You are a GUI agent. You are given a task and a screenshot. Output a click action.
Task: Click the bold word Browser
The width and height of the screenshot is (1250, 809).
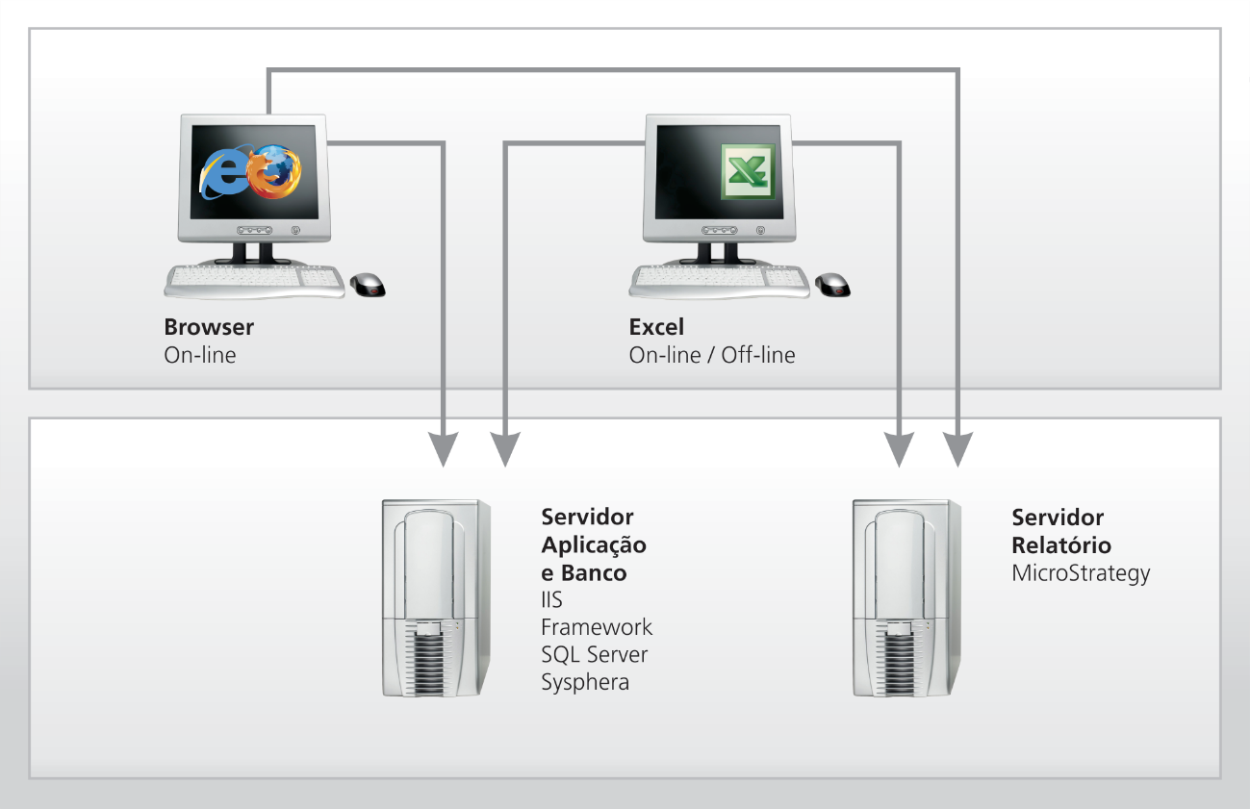tap(209, 327)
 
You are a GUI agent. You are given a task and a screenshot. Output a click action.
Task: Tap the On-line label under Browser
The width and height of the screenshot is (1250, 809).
tap(199, 355)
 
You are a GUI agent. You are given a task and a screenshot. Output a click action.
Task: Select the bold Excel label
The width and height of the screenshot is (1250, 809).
tap(656, 327)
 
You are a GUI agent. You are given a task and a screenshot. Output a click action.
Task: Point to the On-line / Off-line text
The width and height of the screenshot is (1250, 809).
tap(712, 355)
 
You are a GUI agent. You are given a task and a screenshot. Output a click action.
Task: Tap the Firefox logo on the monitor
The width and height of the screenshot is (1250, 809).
tap(275, 168)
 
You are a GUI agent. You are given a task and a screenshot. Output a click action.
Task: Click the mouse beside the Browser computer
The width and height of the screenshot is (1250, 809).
tap(368, 284)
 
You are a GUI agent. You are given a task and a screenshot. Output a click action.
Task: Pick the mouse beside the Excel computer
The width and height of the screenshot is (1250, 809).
tap(833, 284)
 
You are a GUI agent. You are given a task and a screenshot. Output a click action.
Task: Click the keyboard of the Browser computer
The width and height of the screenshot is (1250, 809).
tap(255, 280)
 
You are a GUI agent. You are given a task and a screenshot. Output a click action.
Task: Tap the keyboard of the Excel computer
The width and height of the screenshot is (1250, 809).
tap(720, 280)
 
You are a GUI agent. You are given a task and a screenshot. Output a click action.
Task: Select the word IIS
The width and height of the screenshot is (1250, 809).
tap(551, 600)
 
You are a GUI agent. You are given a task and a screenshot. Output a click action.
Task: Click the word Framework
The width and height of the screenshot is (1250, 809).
tap(597, 627)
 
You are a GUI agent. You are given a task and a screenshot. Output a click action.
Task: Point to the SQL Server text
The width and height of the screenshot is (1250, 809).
tap(594, 655)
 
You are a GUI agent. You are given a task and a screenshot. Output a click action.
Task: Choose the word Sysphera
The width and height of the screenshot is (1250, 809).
tap(585, 683)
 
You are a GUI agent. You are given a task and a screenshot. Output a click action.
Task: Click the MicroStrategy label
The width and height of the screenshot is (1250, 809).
tap(1081, 573)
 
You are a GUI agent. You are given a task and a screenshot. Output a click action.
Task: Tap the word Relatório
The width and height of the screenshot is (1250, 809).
tap(1061, 545)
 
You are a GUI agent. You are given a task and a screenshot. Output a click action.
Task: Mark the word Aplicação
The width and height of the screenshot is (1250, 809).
tap(594, 545)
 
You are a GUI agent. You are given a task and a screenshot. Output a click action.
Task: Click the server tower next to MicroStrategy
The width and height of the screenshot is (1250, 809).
tap(907, 596)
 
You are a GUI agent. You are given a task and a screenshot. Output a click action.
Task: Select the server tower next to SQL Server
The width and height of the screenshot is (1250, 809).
tap(436, 596)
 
